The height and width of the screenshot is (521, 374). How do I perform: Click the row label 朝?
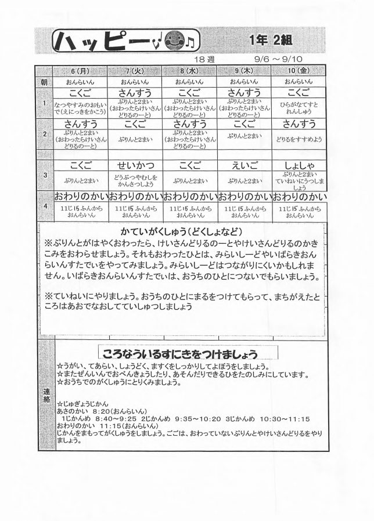44,82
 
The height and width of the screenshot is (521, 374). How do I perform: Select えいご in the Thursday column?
244,164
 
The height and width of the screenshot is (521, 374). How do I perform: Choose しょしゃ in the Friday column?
299,164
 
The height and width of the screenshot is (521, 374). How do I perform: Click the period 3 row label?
44,173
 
